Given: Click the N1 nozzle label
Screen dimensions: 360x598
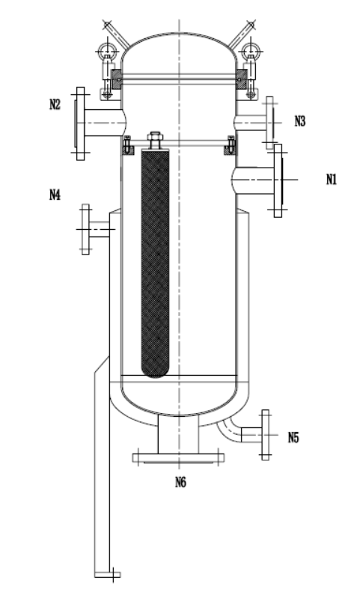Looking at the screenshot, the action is (x=332, y=179).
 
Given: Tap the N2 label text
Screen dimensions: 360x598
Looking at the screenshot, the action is (x=55, y=104).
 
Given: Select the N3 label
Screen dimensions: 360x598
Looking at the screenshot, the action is (x=299, y=121).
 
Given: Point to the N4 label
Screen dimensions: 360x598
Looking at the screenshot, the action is (x=55, y=195).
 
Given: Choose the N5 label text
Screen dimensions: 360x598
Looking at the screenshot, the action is (x=293, y=437).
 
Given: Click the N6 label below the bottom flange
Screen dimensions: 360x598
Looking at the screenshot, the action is (x=180, y=483).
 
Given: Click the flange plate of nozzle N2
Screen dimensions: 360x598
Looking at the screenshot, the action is (x=80, y=123).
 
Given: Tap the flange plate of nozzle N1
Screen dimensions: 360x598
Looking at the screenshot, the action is (x=278, y=181).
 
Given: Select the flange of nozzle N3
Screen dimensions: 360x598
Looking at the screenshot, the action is (x=269, y=123).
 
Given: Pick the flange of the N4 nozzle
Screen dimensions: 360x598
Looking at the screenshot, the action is (x=85, y=229).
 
